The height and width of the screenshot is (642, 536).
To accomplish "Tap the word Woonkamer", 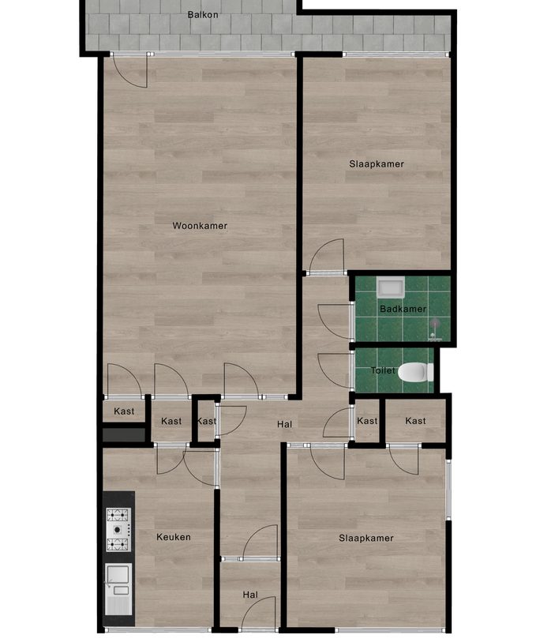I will (200, 226).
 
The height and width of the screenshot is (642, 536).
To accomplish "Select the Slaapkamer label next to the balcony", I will (377, 164).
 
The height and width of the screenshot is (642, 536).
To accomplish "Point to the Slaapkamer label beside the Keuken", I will (365, 539).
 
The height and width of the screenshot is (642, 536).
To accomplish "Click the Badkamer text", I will (403, 309).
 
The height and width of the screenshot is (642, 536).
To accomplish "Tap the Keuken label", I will (173, 537).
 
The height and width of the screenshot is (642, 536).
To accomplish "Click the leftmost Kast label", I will (124, 411).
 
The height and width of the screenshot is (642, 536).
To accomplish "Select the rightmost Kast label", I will (415, 421).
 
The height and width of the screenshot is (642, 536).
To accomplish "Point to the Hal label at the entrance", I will (250, 595).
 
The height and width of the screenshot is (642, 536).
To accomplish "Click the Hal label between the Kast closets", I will (284, 425).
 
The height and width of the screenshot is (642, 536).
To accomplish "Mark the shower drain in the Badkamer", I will (434, 323).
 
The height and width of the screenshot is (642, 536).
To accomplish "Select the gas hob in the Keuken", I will (118, 529).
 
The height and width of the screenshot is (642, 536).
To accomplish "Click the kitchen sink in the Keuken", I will (118, 580).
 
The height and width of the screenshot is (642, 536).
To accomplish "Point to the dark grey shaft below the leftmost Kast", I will (124, 434).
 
